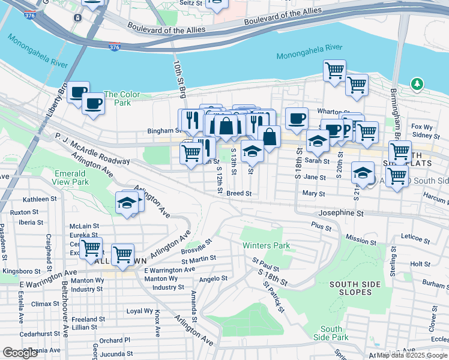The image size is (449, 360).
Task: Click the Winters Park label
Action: [266, 245]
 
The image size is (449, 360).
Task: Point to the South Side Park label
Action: [331, 333]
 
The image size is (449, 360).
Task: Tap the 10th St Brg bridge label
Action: [179, 78]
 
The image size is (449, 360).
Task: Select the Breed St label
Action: [238, 194]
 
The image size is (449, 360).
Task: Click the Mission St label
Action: [361, 240]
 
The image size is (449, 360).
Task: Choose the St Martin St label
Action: [199, 259]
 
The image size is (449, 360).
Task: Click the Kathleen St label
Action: [39, 199]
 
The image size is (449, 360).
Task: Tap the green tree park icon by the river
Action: [417, 84]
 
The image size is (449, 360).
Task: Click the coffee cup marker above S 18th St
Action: [297, 119]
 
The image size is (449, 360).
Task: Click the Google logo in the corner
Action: [20, 353]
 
